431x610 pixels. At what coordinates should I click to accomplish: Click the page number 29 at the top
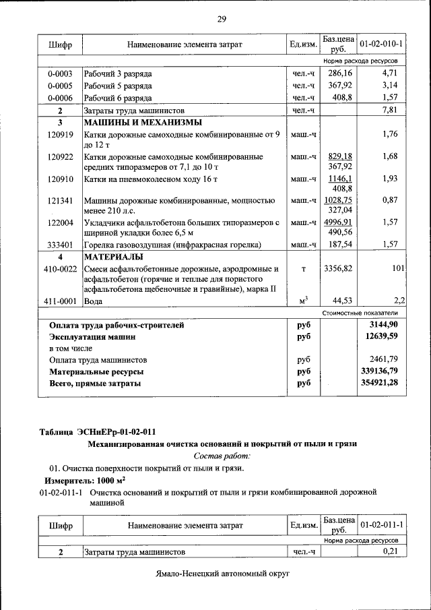tap(221, 18)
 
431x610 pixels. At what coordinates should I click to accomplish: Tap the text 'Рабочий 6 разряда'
tap(118, 98)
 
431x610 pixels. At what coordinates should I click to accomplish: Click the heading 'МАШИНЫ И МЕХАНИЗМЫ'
tap(142, 123)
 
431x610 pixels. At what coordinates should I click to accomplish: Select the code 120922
tap(60, 157)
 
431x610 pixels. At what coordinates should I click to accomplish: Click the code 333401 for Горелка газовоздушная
tap(60, 245)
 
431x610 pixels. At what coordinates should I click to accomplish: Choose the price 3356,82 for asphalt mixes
tap(338, 269)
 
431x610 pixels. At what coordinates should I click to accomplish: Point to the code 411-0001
tap(60, 301)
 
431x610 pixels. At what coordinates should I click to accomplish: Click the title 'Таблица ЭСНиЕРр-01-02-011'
tap(100, 431)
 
